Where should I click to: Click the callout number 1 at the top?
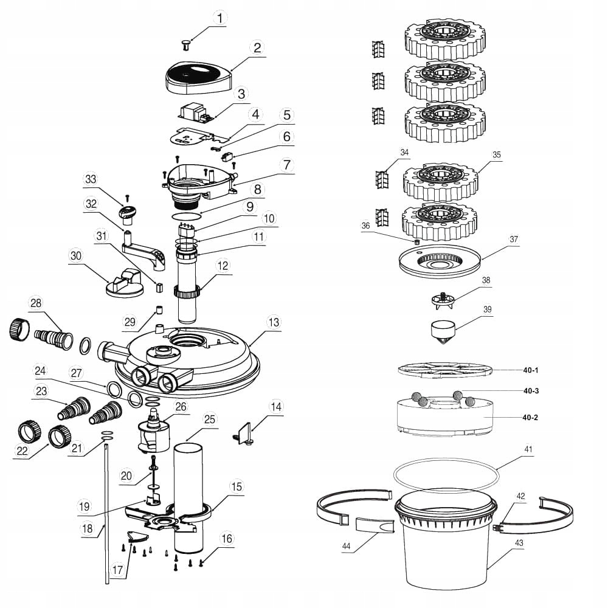pos(219,17)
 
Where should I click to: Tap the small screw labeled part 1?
pos(186,43)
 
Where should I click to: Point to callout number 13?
pos(274,322)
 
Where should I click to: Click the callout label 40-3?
pos(531,391)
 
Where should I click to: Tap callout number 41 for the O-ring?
pos(528,450)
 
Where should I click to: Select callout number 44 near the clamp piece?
pos(347,547)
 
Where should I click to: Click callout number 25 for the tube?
pos(210,420)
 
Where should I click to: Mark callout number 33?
pos(91,179)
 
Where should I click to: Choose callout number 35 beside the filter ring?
pos(497,154)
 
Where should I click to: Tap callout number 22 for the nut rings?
pos(22,451)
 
